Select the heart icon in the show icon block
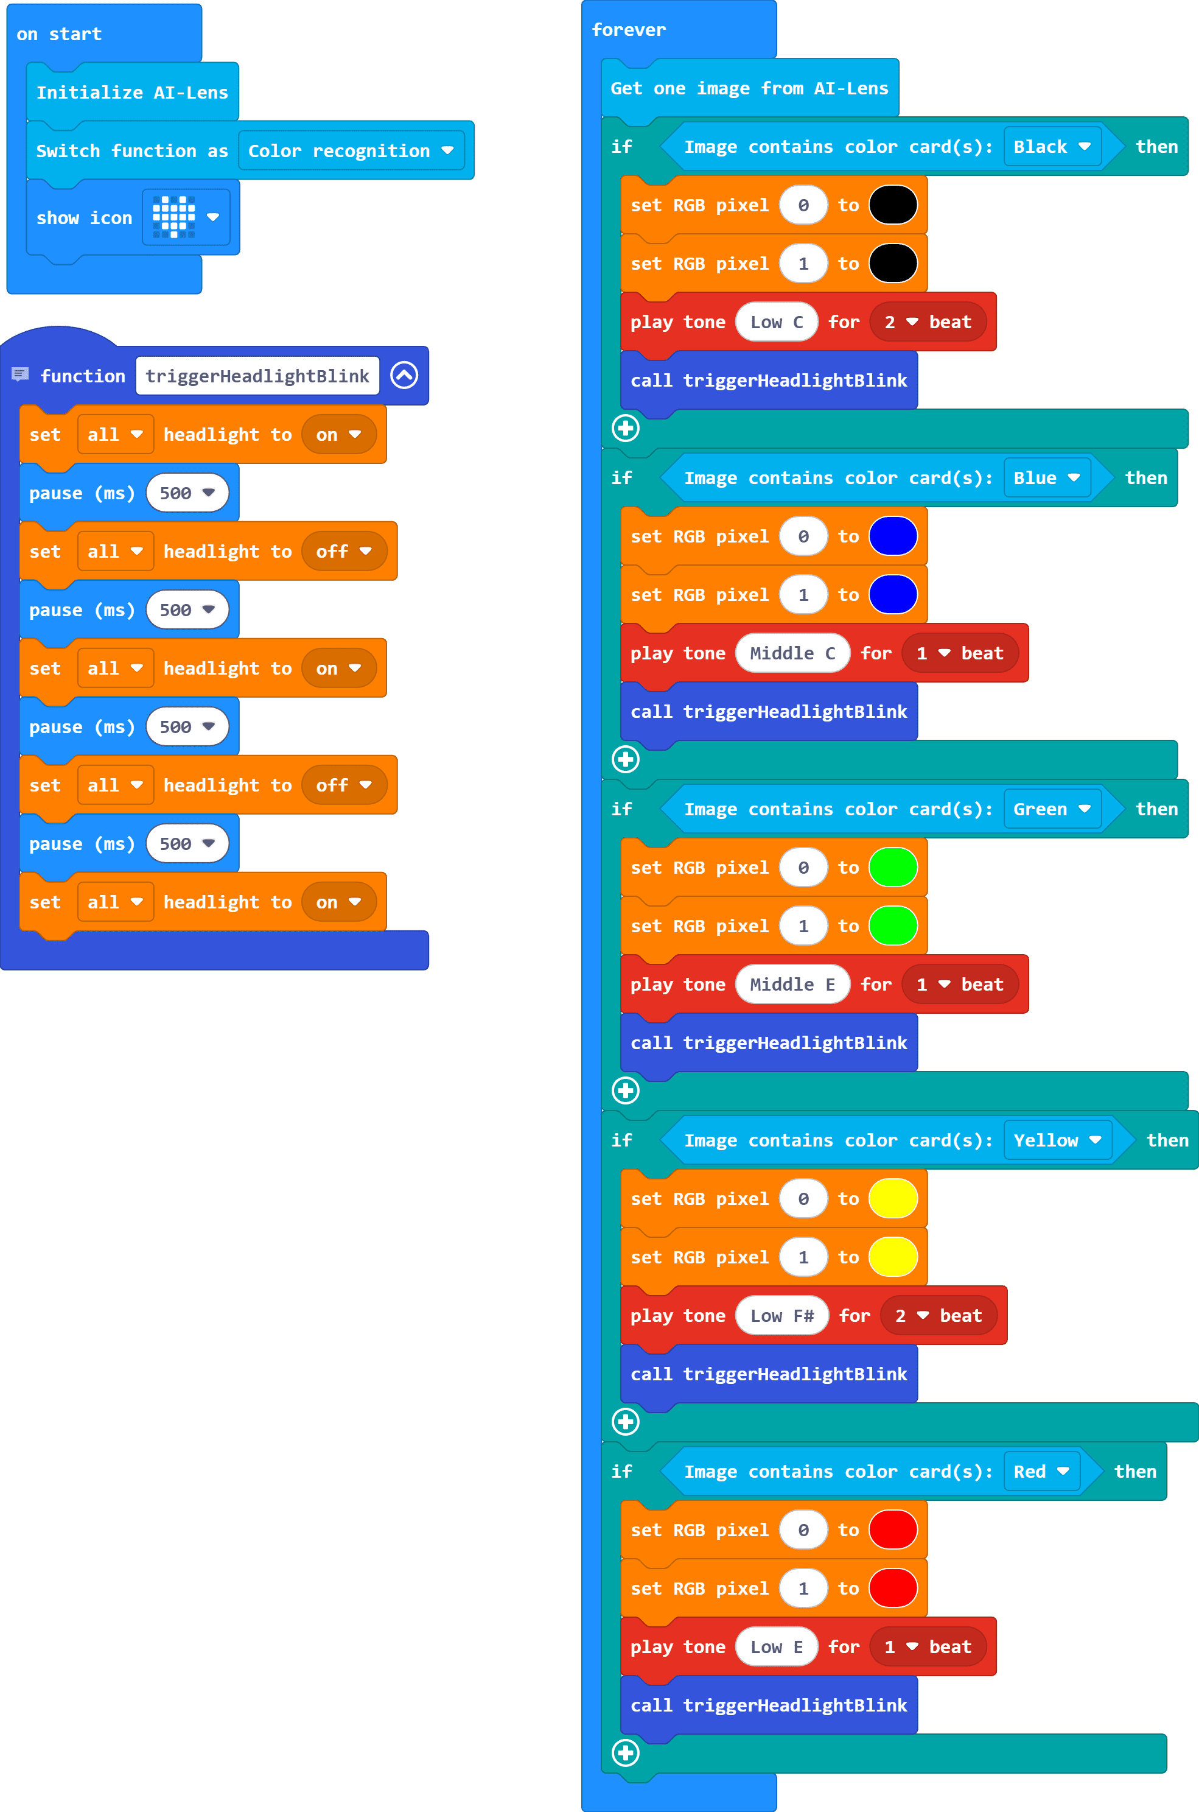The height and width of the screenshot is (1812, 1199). coord(174,217)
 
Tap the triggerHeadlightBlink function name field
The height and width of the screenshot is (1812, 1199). coord(257,376)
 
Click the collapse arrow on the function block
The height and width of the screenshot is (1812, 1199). coord(404,375)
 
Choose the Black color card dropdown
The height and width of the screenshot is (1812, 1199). coord(1052,146)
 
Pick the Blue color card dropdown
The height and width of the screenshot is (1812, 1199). coord(1046,477)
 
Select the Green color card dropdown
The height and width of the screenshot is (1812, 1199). coord(1052,809)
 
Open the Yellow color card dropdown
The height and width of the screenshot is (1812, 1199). coord(1057,1140)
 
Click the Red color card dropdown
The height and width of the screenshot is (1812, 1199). coord(1041,1471)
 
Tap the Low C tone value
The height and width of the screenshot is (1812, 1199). coord(776,322)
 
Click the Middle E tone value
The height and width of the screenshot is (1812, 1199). coord(792,985)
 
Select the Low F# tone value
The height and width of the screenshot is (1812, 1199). coord(781,1316)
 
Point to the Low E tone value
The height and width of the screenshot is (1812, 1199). coord(776,1647)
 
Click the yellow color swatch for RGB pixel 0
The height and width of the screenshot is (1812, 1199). coord(893,1199)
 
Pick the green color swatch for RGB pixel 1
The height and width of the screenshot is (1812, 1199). coord(893,925)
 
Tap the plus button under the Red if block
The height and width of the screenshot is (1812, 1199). coord(626,1752)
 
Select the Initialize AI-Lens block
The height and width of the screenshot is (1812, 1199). coord(131,93)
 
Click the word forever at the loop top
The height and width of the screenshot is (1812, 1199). coord(629,30)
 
